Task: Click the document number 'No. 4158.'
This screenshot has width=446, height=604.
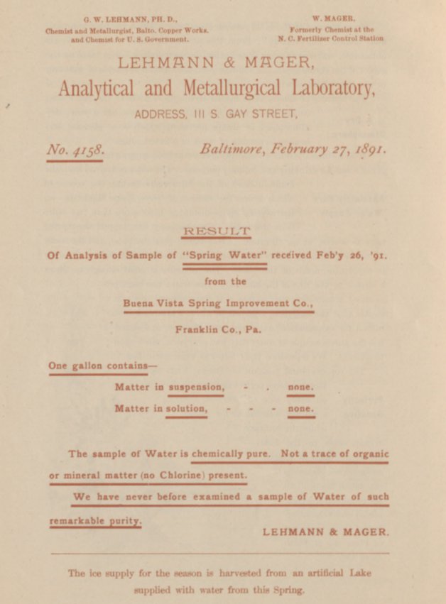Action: pyautogui.click(x=75, y=150)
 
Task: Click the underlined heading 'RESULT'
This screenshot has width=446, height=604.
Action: pyautogui.click(x=217, y=231)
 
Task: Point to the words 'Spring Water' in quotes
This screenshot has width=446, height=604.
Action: pyautogui.click(x=224, y=256)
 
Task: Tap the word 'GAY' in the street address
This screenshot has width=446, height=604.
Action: pyautogui.click(x=243, y=114)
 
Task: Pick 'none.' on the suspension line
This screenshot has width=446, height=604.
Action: pyautogui.click(x=300, y=388)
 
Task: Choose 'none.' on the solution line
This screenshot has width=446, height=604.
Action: pyautogui.click(x=300, y=409)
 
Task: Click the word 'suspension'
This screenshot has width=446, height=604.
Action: pyautogui.click(x=196, y=388)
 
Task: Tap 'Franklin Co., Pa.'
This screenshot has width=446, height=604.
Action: pyautogui.click(x=218, y=329)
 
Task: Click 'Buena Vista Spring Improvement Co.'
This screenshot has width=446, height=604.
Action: pyautogui.click(x=218, y=302)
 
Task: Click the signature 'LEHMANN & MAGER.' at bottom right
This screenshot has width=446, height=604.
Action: pyautogui.click(x=326, y=532)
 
